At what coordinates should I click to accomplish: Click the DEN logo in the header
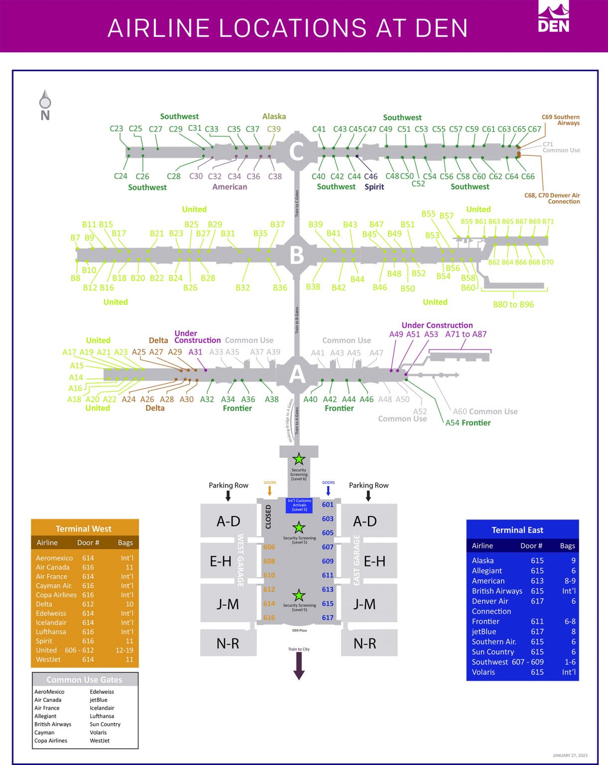[553, 17]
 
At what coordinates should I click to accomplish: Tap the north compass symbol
[45, 105]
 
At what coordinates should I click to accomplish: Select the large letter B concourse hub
[297, 255]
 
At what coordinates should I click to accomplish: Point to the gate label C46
[370, 176]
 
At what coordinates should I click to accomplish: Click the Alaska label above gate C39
[274, 117]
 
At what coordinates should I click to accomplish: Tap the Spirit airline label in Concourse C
[374, 187]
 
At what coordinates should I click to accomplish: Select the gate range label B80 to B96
[513, 304]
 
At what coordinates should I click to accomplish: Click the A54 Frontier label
[468, 423]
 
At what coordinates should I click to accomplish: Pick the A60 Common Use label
[485, 411]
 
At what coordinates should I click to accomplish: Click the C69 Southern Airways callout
[560, 120]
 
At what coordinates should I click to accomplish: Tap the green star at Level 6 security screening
[299, 459]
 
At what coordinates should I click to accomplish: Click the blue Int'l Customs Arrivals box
[299, 505]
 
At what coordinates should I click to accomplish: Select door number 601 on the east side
[328, 505]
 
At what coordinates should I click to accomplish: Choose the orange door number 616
[269, 618]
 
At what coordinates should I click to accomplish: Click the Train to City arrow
[299, 665]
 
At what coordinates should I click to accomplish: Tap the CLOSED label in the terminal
[268, 516]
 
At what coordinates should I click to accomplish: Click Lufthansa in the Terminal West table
[51, 632]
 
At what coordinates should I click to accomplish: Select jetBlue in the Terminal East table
[484, 632]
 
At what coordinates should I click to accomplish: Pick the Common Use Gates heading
[84, 680]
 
